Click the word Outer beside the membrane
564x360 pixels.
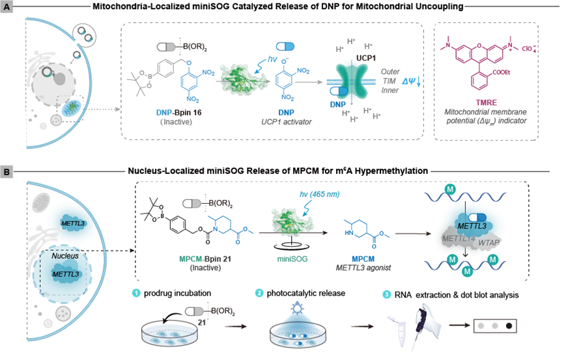point(389,70)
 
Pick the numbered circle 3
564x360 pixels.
point(387,294)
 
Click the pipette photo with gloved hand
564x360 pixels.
point(414,327)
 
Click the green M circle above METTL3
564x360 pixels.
point(468,189)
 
